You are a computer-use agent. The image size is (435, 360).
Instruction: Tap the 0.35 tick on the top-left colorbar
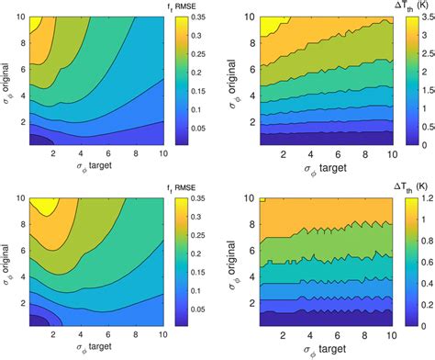(x=196, y=17)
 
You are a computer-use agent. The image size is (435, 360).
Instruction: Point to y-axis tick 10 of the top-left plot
(x=19, y=17)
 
